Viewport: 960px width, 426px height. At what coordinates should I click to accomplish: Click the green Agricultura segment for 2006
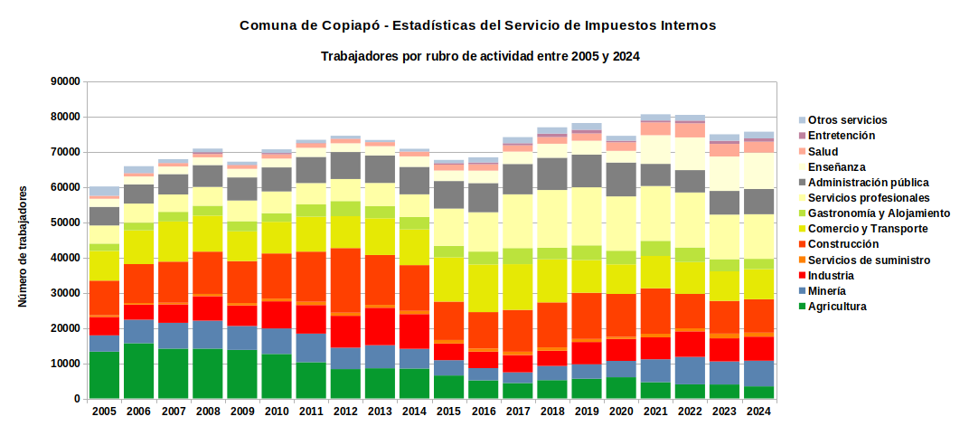tap(138, 371)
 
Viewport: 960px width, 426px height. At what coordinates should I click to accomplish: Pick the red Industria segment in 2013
tap(380, 327)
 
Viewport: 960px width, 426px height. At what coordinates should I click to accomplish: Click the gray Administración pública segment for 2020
tap(621, 180)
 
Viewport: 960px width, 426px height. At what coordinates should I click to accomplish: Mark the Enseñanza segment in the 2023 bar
tap(724, 174)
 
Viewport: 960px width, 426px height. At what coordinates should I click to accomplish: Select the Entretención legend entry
tap(837, 136)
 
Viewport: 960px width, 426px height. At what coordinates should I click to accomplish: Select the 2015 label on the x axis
tap(448, 412)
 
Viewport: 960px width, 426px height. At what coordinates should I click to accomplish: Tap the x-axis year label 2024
tap(759, 412)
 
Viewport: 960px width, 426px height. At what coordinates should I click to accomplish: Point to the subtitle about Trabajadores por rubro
tap(480, 56)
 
